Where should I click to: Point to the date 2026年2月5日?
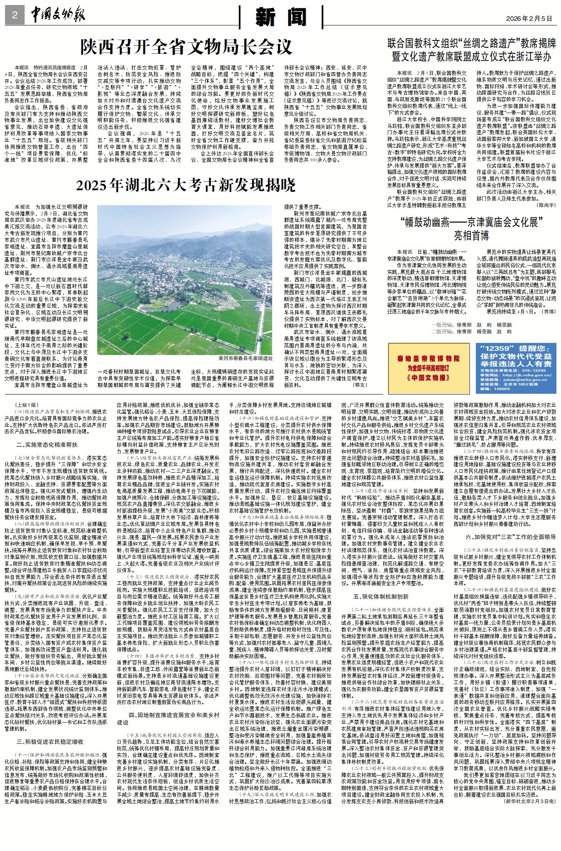point(529,18)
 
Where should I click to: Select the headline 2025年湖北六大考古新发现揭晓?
point(186,185)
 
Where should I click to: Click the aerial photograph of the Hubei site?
point(184,280)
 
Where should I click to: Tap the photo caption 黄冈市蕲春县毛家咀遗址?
point(245,358)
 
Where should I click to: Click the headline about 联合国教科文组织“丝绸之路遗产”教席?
point(472,50)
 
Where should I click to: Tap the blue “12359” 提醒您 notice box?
point(516,368)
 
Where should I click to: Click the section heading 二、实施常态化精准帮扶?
point(47,445)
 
